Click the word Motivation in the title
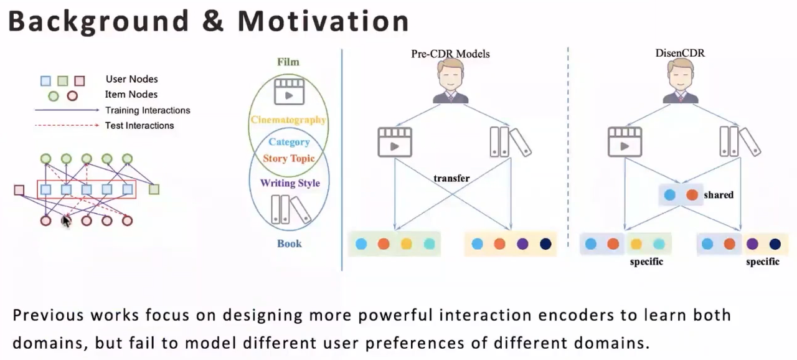(323, 21)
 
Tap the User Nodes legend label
(131, 79)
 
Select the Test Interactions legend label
(139, 125)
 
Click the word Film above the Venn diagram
(288, 62)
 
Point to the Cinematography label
(288, 120)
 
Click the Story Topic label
(288, 158)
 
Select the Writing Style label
(290, 183)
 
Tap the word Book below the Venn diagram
(290, 244)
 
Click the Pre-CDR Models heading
(450, 54)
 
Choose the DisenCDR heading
(680, 53)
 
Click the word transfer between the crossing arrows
(451, 178)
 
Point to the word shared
(719, 195)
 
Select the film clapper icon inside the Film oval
(288, 91)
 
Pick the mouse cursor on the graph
(66, 220)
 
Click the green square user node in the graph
(154, 189)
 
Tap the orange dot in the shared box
(692, 195)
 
